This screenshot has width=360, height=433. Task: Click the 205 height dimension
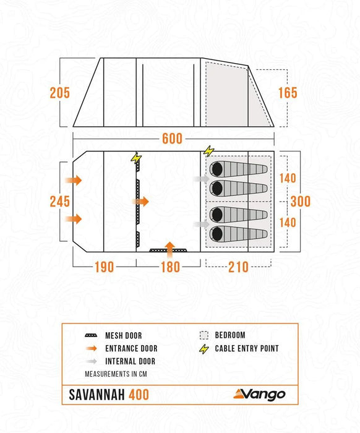coord(60,93)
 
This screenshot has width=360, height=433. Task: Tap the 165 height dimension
coord(288,93)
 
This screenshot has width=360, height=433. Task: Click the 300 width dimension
coord(300,202)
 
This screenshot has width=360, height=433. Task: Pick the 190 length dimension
coord(105,267)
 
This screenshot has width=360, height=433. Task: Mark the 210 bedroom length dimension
coord(238,267)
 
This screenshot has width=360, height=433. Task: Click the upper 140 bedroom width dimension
coord(288,178)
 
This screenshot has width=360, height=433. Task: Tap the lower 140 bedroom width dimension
coord(288,222)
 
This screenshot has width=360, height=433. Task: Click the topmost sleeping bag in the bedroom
coord(239,169)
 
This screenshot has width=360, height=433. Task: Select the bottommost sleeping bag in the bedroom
coord(239,234)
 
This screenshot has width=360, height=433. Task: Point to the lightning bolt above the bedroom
coord(208,150)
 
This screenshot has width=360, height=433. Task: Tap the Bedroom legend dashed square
coord(204,336)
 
